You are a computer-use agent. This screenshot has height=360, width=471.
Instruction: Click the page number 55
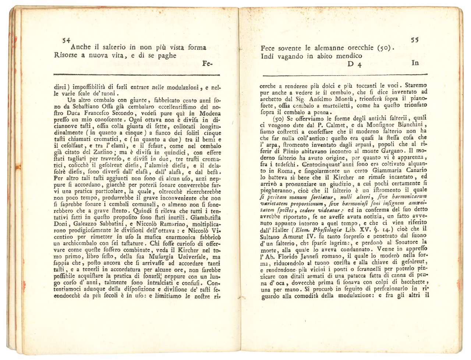pos(415,40)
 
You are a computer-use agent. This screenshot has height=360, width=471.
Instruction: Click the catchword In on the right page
pos(415,63)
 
